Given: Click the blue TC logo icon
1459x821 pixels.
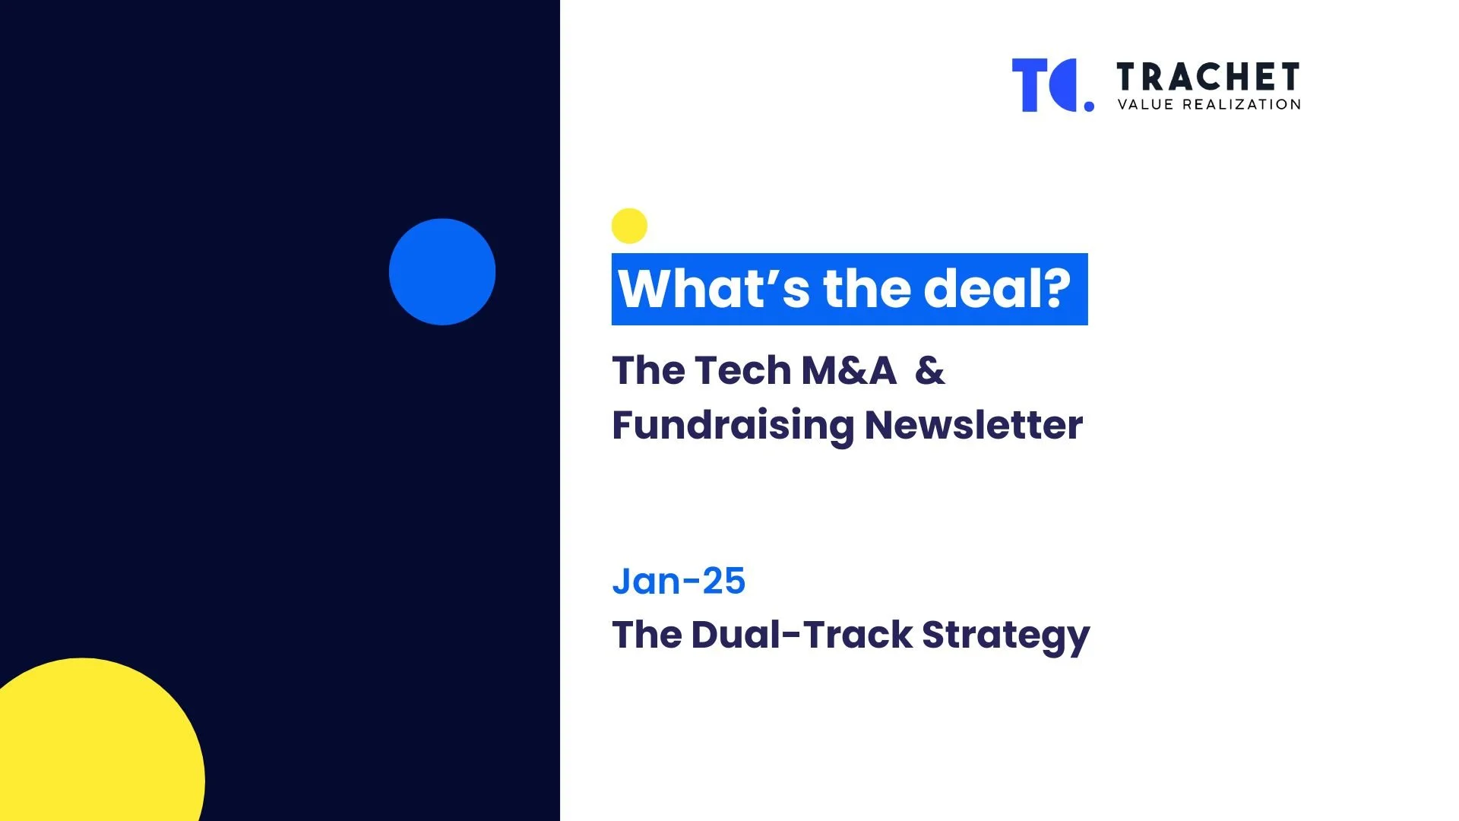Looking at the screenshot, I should (x=1046, y=85).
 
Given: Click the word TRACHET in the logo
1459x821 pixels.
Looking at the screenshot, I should (x=1208, y=78).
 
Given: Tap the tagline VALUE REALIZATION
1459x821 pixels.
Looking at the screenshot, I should (x=1209, y=105).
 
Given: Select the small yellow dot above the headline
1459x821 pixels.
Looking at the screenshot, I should (x=629, y=226).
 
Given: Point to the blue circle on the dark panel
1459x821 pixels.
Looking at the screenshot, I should (x=442, y=272).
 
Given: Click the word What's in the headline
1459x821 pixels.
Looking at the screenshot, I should (x=714, y=289).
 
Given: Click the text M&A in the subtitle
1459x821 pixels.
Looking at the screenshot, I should (x=849, y=371).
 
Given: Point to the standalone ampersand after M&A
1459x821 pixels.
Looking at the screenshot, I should (x=930, y=371).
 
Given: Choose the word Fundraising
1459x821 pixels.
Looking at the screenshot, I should (x=733, y=425).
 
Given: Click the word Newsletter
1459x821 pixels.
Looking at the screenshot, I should (x=973, y=425).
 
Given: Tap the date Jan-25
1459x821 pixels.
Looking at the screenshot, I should (x=679, y=582).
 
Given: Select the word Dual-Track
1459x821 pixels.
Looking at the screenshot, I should (x=802, y=635).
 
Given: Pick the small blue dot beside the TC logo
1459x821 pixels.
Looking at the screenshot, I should (x=1089, y=106).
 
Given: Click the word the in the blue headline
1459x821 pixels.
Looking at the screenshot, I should (x=866, y=289).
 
